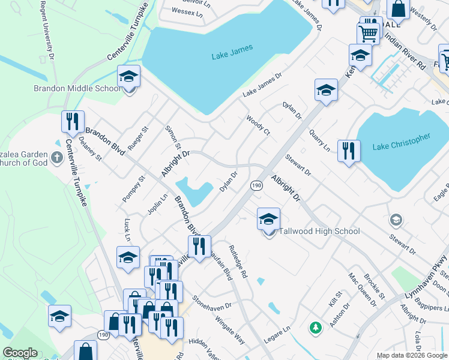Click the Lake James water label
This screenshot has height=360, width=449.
pos(232,52)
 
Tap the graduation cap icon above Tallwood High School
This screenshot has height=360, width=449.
pos(268,219)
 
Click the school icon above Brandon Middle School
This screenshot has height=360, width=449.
pos(128,76)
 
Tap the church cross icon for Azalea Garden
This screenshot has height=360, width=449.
pos(57,158)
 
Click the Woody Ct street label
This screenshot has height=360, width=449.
pos(258,125)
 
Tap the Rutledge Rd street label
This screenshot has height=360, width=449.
pos(237,260)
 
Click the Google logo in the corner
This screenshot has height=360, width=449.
pos(20,353)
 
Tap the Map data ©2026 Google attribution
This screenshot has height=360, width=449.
pos(412,355)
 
